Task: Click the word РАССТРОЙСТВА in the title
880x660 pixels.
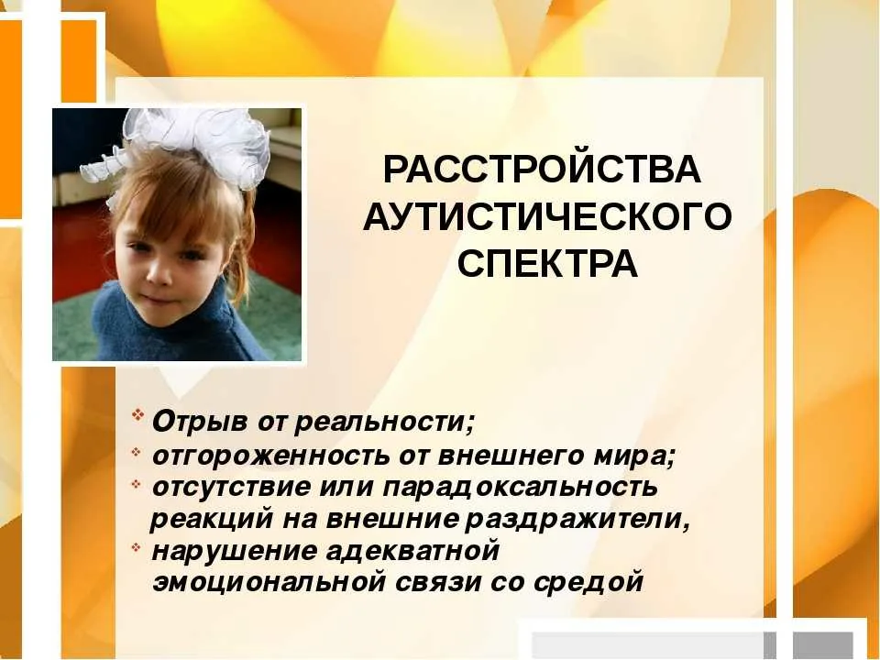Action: tap(542, 170)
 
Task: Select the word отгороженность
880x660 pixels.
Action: tap(271, 456)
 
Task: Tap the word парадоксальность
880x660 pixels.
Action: tap(520, 487)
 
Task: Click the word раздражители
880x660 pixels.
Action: tap(577, 520)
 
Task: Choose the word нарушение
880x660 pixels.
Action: tap(235, 551)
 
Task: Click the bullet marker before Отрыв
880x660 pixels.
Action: tap(137, 415)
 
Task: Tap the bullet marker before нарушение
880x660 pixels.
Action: tap(136, 546)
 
